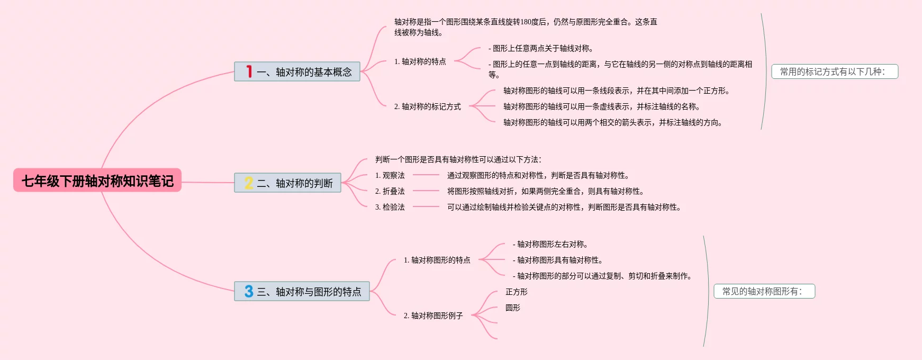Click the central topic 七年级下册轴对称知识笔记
click(x=97, y=181)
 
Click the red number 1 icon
click(x=249, y=71)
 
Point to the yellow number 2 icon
click(x=249, y=183)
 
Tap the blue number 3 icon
click(x=249, y=291)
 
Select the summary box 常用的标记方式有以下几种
click(x=835, y=71)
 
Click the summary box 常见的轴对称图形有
click(x=764, y=291)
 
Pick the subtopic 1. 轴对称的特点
click(x=420, y=61)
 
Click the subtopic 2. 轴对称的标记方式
click(x=427, y=106)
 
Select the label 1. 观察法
click(x=390, y=175)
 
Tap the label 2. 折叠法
click(x=390, y=191)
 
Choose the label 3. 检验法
click(x=390, y=207)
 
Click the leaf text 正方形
click(x=516, y=292)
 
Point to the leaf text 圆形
click(x=512, y=308)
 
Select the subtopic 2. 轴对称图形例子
click(x=433, y=316)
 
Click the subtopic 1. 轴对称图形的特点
click(x=437, y=260)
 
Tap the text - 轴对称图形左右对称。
click(x=550, y=244)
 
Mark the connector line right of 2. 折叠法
click(x=426, y=191)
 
